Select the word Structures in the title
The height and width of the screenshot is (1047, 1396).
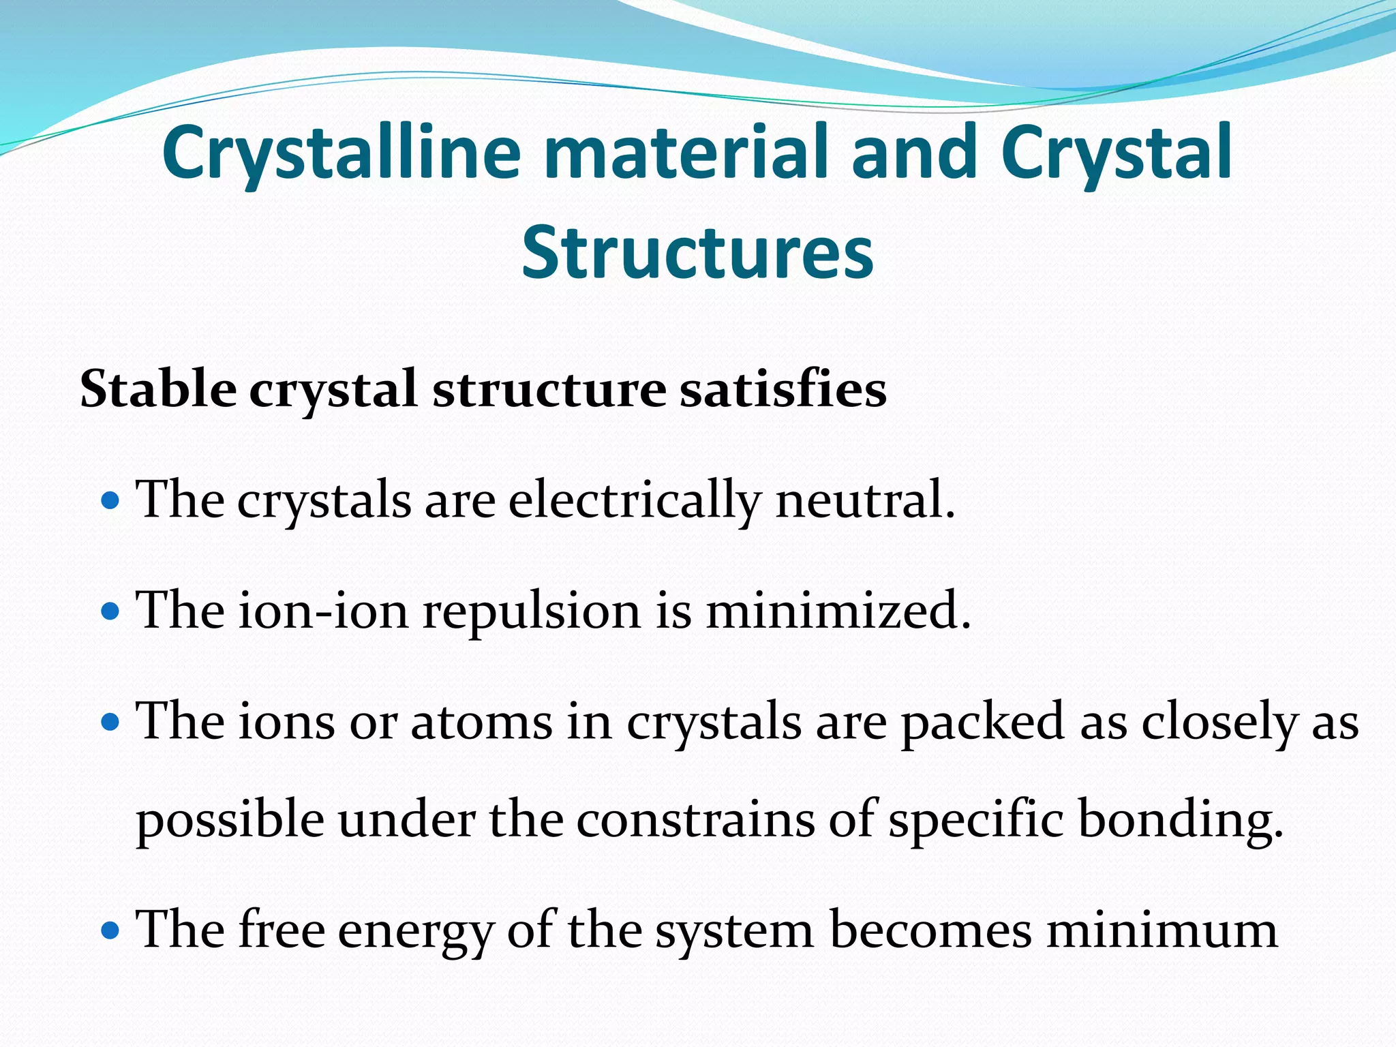click(697, 252)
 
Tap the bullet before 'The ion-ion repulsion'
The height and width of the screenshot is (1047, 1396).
click(110, 612)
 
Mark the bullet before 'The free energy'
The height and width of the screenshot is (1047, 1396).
click(110, 930)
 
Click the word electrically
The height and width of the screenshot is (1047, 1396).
click(633, 501)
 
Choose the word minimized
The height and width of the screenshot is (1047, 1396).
click(838, 611)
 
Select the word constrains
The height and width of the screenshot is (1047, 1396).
click(695, 820)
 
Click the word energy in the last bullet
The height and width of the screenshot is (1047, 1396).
click(414, 932)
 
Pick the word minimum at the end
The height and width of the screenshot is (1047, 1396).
click(1162, 930)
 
